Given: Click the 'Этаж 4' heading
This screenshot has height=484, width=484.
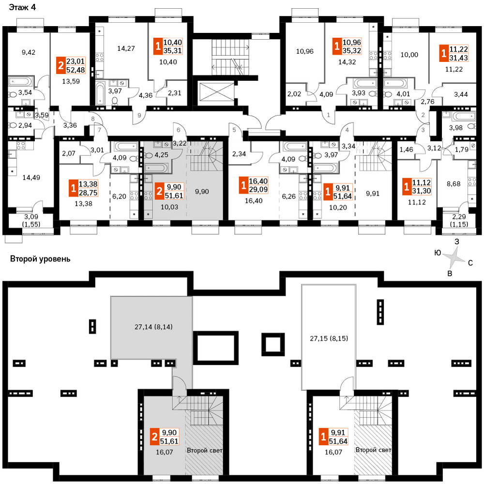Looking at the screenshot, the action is click(22, 7).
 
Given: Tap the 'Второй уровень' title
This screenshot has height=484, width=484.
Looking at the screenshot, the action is click(40, 258).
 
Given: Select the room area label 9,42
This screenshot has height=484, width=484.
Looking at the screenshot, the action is click(29, 52).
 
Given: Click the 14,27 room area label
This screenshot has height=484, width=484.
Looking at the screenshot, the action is click(126, 48).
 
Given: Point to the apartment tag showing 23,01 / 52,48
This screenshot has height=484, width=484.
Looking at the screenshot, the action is click(71, 65).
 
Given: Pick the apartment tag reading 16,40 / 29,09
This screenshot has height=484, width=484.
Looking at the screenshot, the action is click(254, 185).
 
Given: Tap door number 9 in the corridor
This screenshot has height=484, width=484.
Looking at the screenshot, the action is click(139, 116).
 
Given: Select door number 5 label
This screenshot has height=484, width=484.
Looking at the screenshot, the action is click(234, 130).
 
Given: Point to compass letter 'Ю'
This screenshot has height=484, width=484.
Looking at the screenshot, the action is click(438, 253).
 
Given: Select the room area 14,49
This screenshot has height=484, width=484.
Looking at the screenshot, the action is click(31, 178).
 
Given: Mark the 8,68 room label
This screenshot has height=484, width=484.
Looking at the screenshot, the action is click(454, 183).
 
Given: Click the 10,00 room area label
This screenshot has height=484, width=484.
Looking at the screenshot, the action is click(409, 55).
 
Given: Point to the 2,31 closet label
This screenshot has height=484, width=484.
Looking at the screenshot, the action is click(174, 92).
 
